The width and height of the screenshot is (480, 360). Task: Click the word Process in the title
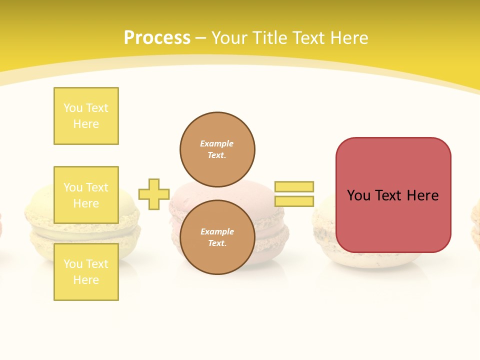pyautogui.click(x=157, y=38)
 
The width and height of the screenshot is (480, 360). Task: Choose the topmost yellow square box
pyautogui.click(x=86, y=116)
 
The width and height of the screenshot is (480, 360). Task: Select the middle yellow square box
pyautogui.click(x=86, y=195)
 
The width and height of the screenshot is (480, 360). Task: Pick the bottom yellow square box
pyautogui.click(x=86, y=271)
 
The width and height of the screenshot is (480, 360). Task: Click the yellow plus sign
pyautogui.click(x=154, y=194)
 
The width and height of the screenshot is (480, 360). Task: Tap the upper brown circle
pyautogui.click(x=217, y=149)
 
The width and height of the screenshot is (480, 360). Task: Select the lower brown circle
pyautogui.click(x=217, y=237)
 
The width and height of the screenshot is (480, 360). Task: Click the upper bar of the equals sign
pyautogui.click(x=294, y=186)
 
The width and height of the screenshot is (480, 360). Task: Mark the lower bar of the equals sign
pyautogui.click(x=294, y=201)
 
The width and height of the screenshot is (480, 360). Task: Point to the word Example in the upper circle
pyautogui.click(x=217, y=143)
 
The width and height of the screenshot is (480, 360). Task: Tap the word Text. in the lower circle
pyautogui.click(x=217, y=243)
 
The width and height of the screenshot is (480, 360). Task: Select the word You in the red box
pyautogui.click(x=358, y=195)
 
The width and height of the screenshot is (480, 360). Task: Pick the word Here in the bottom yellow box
pyautogui.click(x=86, y=280)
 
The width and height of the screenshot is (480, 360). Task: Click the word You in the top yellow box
pyautogui.click(x=73, y=108)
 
